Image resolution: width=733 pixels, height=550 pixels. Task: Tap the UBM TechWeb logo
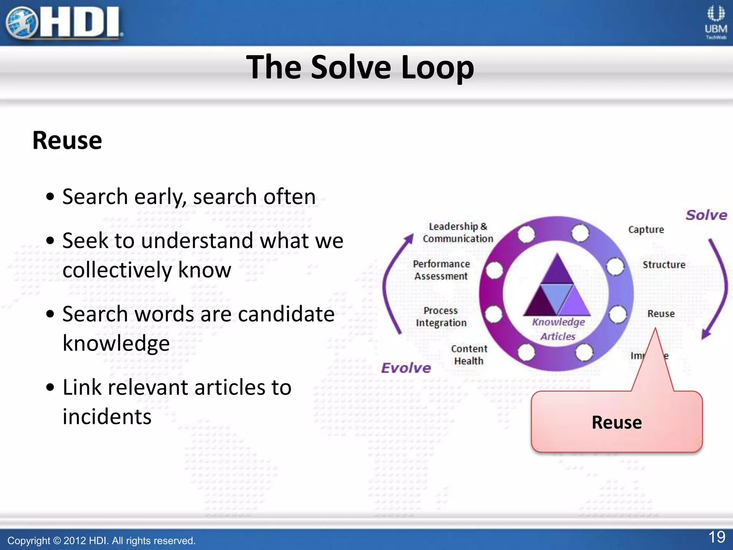(716, 22)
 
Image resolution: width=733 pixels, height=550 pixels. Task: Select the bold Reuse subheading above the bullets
(67, 140)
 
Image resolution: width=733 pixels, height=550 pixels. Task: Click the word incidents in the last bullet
(107, 417)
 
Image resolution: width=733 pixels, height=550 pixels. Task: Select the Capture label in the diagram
(646, 230)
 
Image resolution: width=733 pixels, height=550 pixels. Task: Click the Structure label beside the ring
(664, 265)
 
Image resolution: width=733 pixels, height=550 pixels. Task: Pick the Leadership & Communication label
(458, 232)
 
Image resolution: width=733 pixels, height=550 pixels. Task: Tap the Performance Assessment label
(441, 270)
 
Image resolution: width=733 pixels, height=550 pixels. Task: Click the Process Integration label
(441, 317)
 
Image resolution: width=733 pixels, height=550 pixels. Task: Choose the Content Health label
(469, 355)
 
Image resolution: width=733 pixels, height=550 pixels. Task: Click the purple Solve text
(706, 215)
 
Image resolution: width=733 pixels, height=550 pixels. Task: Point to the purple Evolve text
(406, 368)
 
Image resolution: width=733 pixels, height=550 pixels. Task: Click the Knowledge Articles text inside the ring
(558, 329)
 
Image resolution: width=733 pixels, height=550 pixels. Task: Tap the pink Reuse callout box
(616, 422)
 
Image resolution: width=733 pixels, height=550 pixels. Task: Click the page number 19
(717, 537)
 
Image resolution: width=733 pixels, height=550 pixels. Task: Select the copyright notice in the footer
(101, 540)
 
